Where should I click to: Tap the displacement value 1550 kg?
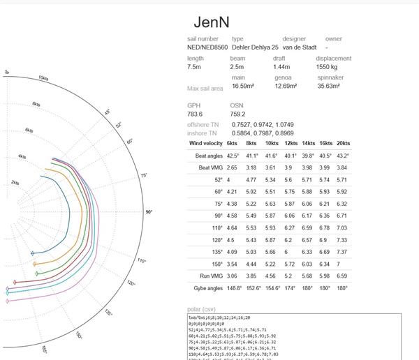330,66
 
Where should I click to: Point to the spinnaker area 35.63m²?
328,86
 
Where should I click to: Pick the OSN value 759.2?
237,114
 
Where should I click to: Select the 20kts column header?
342,143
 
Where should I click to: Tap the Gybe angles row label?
209,287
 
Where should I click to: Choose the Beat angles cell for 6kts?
233,156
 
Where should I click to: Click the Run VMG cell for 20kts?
342,276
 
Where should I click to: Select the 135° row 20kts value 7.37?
342,252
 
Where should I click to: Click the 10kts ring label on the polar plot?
43,79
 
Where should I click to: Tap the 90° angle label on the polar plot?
149,211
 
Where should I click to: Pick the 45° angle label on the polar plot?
108,112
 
